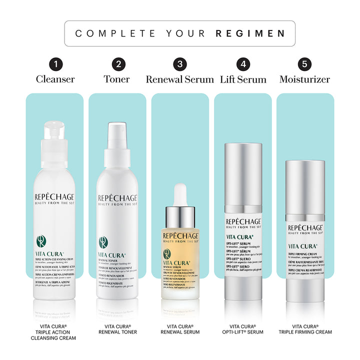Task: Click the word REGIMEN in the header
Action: [x=250, y=34]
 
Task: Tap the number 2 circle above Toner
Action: [x=118, y=64]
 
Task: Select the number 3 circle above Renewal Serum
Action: [x=180, y=64]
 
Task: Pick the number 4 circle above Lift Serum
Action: [x=243, y=64]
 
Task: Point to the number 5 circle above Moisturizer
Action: [x=304, y=64]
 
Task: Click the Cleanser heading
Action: [x=55, y=79]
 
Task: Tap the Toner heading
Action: [x=117, y=79]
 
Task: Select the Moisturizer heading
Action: [x=304, y=79]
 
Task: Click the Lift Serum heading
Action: [x=243, y=79]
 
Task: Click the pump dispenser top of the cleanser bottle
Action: [x=55, y=137]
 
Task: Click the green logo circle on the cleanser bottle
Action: [x=41, y=241]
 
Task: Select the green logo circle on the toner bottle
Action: [x=103, y=242]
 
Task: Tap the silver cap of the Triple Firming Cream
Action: [x=304, y=187]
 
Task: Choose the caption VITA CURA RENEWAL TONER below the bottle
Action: [x=117, y=328]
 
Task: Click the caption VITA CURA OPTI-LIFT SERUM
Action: [x=243, y=328]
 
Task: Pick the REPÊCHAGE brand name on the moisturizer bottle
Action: [x=304, y=227]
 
